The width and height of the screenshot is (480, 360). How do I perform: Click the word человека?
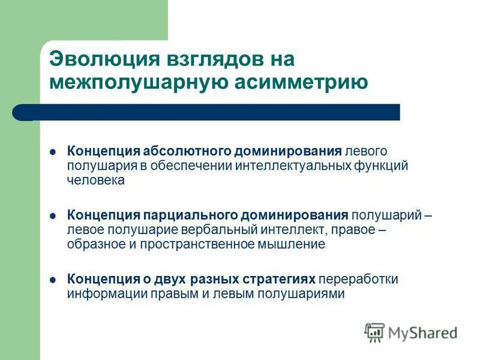(96, 180)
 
